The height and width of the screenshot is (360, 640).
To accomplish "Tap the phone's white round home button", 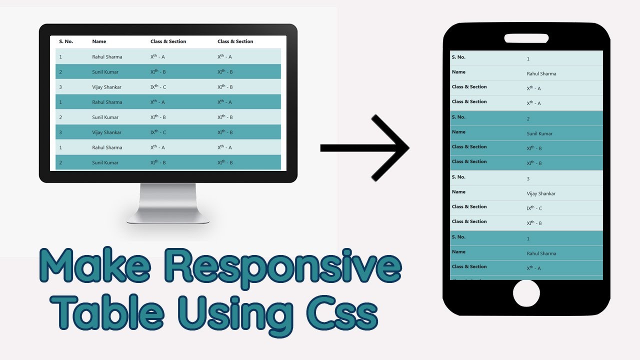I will (x=526, y=293).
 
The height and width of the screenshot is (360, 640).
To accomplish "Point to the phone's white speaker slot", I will (x=526, y=38).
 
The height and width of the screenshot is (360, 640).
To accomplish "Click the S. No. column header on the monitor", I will (x=66, y=41).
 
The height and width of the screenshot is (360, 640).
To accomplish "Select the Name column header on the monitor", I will (x=99, y=41).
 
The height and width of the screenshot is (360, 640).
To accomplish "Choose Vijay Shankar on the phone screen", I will (x=541, y=194).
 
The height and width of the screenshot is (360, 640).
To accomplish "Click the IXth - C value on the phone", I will (x=534, y=208).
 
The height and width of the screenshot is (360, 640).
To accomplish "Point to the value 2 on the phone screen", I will (x=528, y=119).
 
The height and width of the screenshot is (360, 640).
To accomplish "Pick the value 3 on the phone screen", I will (x=528, y=179).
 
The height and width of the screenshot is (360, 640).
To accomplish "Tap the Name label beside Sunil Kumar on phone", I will (x=458, y=132).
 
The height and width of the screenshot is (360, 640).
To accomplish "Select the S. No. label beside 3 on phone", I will (x=458, y=177).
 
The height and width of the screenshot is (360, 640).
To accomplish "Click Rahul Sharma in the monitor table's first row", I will (x=107, y=57).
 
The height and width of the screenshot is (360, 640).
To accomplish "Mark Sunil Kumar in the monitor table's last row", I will (x=105, y=163).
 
